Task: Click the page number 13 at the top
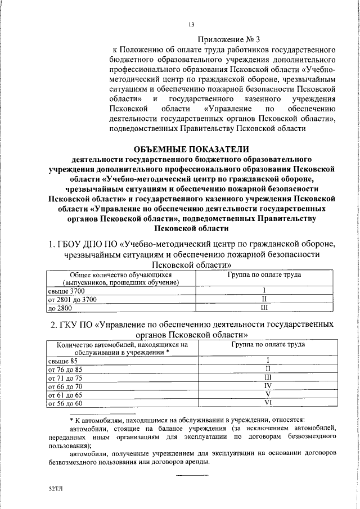pyautogui.click(x=191, y=24)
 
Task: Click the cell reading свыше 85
pyautogui.click(x=62, y=360)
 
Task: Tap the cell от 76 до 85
pyautogui.click(x=66, y=369)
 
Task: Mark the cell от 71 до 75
pyautogui.click(x=66, y=377)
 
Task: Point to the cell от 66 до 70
pyautogui.click(x=66, y=386)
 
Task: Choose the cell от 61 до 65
pyautogui.click(x=66, y=395)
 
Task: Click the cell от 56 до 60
pyautogui.click(x=66, y=404)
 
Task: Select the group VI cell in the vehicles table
pyautogui.click(x=268, y=403)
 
